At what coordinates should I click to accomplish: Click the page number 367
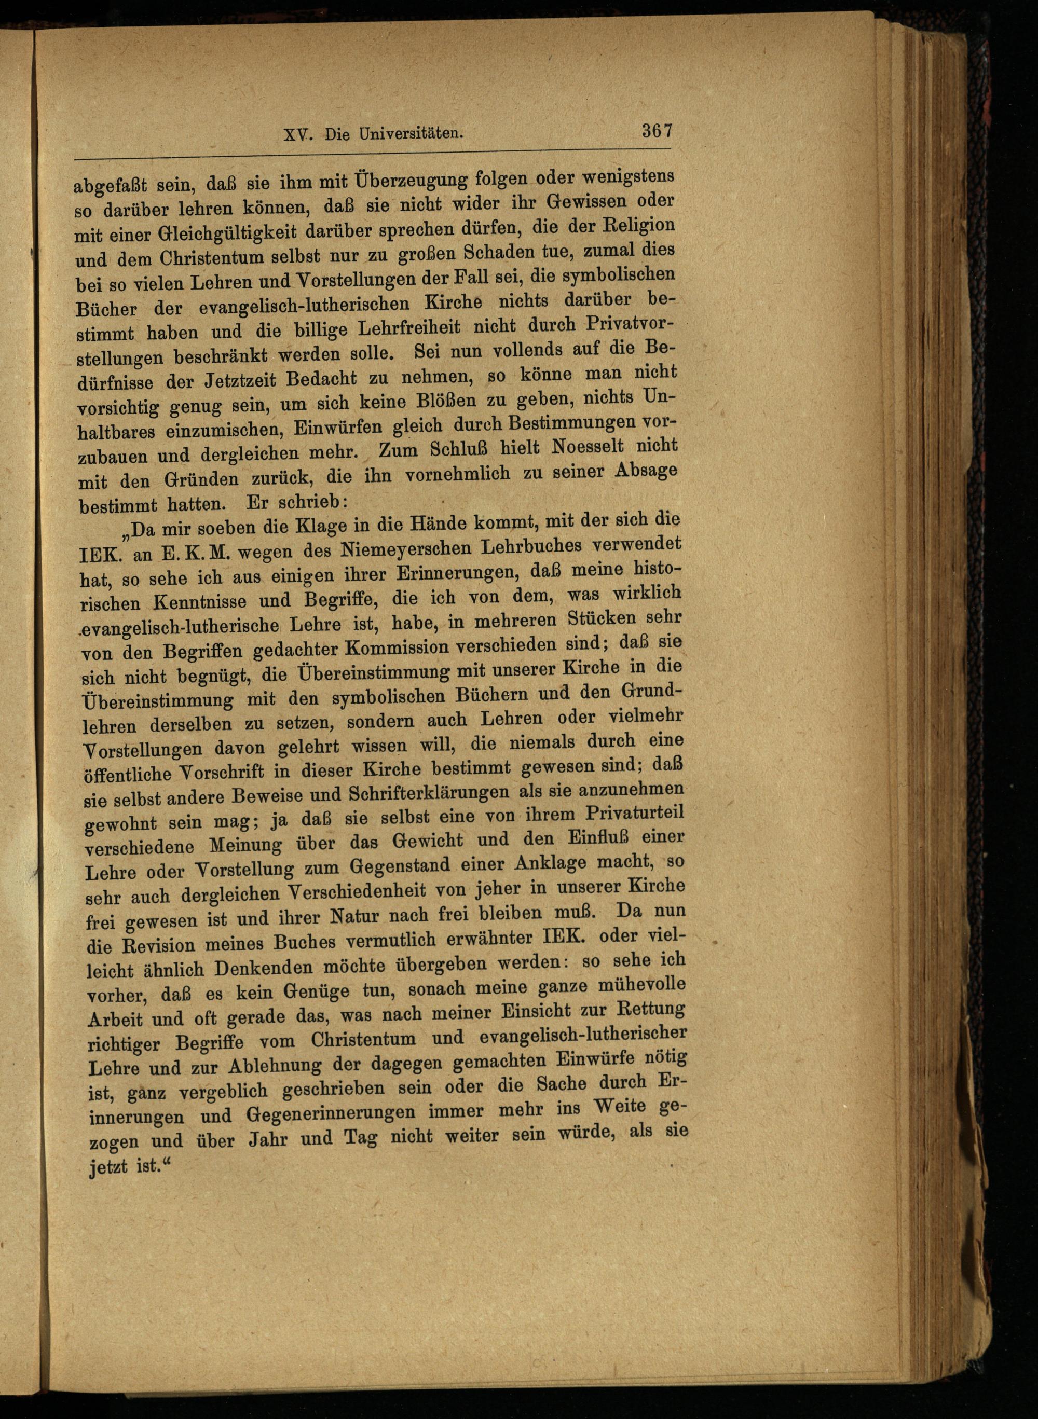coord(657,131)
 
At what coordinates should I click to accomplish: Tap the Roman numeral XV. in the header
coord(299,134)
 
